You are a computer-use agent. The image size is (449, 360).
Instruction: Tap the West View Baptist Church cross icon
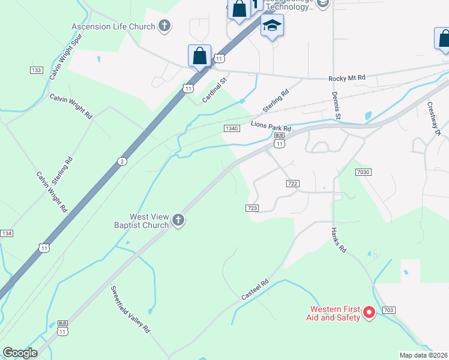[178, 221]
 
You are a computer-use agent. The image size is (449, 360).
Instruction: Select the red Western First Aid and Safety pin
[370, 312]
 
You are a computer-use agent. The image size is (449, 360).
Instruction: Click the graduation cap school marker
[272, 26]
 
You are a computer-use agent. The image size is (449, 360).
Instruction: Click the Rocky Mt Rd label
[347, 79]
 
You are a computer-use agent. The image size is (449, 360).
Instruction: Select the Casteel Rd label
[255, 289]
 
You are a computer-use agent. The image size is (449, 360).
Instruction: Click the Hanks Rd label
[339, 239]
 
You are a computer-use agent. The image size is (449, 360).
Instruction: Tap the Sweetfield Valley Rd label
[129, 310]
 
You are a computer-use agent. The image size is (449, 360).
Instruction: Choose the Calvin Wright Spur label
[65, 57]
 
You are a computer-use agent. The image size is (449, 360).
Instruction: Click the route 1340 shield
[232, 128]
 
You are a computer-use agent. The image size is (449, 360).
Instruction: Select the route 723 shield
[252, 208]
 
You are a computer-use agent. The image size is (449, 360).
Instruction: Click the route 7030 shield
[363, 172]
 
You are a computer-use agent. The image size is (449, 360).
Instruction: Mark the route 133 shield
[36, 70]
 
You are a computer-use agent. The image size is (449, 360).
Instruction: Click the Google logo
[20, 353]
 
